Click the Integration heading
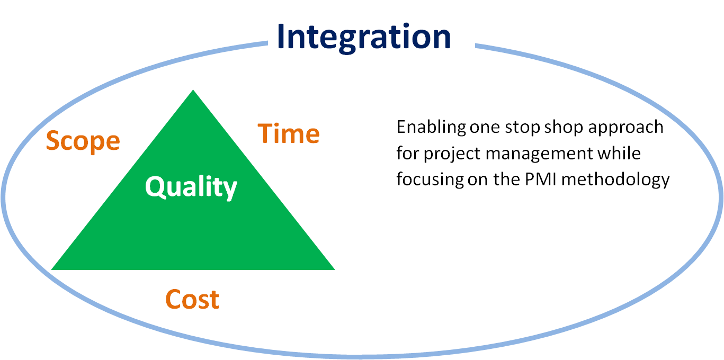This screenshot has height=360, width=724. click(364, 36)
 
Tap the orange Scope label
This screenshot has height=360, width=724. click(83, 141)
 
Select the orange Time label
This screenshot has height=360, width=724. click(289, 133)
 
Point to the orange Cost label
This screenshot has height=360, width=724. click(192, 300)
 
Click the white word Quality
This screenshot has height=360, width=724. click(191, 187)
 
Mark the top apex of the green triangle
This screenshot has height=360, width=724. click(193, 91)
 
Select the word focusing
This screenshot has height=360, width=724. click(430, 180)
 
